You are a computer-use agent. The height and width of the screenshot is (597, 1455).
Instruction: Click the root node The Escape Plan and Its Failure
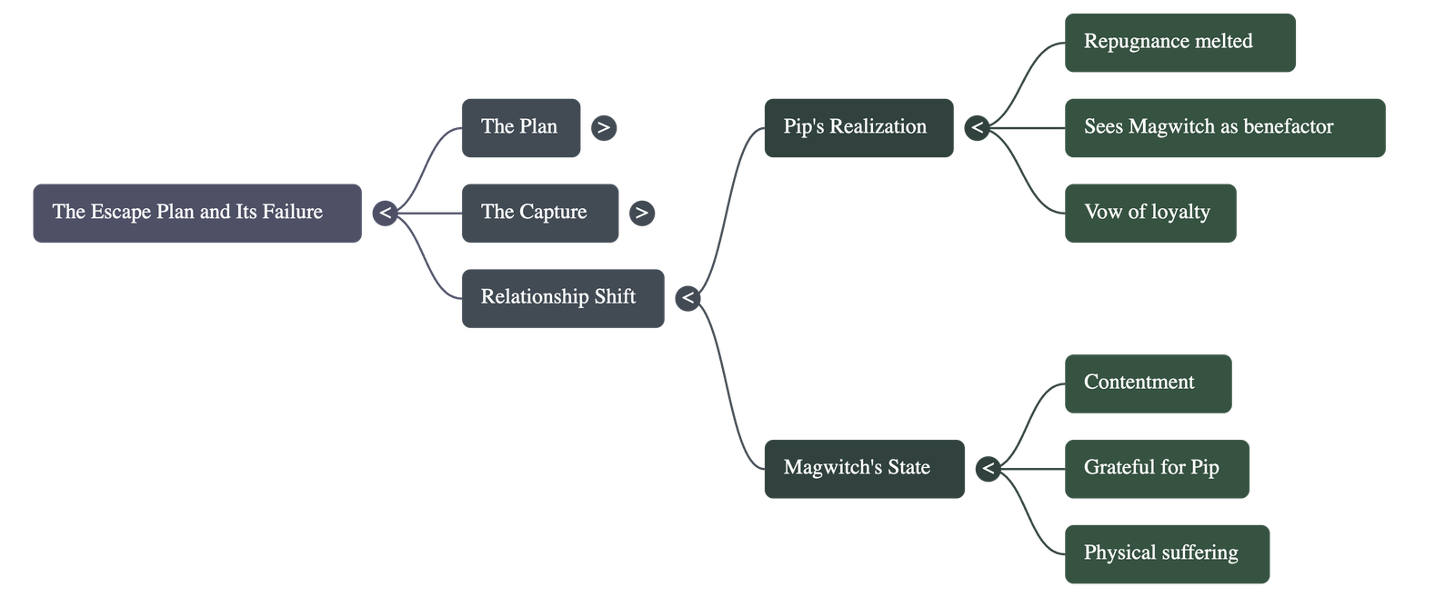pyautogui.click(x=196, y=213)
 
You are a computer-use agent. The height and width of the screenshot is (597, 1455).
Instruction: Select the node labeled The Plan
pyautogui.click(x=520, y=127)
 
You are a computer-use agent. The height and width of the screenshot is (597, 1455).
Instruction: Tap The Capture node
pyautogui.click(x=539, y=213)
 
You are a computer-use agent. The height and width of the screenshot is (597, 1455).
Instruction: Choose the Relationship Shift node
pyautogui.click(x=562, y=297)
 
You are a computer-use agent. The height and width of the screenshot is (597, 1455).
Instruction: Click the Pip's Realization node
pyautogui.click(x=858, y=127)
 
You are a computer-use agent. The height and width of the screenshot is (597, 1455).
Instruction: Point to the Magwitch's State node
pyautogui.click(x=863, y=468)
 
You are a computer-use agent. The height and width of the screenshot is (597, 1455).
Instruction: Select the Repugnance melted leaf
pyautogui.click(x=1179, y=42)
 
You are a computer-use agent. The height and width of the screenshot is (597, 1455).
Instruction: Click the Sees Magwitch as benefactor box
pyautogui.click(x=1224, y=127)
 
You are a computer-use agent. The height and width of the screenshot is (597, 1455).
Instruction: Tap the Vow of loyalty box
pyautogui.click(x=1149, y=213)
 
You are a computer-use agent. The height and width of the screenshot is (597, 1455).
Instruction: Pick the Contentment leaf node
pyautogui.click(x=1147, y=383)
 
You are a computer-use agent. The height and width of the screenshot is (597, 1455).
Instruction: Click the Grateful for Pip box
pyautogui.click(x=1156, y=468)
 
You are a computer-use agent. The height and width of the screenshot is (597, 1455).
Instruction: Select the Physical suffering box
pyautogui.click(x=1166, y=553)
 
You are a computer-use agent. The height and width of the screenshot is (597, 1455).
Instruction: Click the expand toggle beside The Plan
pyautogui.click(x=604, y=128)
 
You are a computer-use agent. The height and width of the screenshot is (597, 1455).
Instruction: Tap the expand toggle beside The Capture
pyautogui.click(x=642, y=214)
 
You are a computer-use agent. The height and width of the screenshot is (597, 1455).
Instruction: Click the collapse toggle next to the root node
pyautogui.click(x=386, y=214)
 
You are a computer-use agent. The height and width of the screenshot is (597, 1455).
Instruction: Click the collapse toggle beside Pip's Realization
pyautogui.click(x=978, y=128)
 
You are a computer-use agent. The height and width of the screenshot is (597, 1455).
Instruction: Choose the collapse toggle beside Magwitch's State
pyautogui.click(x=988, y=469)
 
